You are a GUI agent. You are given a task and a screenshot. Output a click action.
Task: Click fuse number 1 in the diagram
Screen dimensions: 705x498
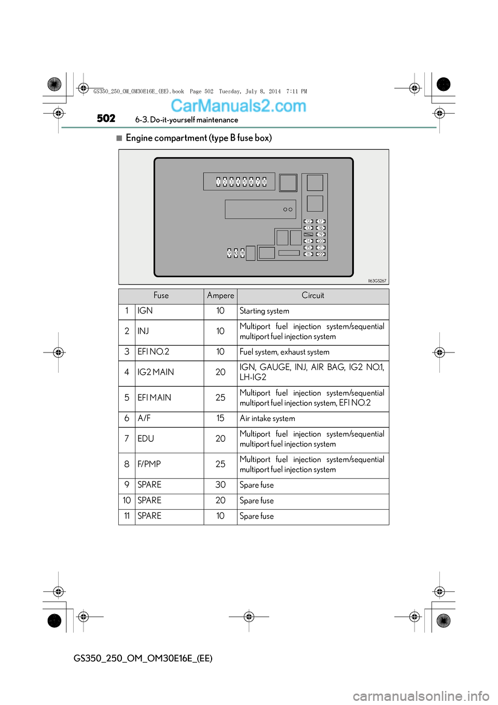[218, 182]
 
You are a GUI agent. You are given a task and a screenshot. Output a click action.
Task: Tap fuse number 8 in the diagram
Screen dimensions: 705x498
[264, 182]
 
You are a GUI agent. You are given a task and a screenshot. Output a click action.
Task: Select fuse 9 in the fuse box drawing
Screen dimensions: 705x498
[229, 253]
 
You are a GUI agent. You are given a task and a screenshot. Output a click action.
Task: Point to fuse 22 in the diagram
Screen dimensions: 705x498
[321, 254]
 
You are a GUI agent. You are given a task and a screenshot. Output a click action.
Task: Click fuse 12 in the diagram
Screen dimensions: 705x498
[308, 222]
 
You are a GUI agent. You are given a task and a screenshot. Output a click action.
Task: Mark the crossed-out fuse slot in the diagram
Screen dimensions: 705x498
[308, 235]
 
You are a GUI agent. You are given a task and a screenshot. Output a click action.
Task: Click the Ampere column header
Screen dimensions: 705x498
[220, 296]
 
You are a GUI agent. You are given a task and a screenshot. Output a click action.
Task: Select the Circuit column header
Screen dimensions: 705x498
[313, 296]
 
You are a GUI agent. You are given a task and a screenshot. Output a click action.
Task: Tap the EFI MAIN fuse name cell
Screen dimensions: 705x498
[154, 398]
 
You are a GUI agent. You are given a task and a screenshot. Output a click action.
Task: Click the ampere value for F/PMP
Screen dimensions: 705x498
[220, 465]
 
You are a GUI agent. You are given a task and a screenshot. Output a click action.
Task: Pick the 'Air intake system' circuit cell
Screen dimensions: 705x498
[267, 419]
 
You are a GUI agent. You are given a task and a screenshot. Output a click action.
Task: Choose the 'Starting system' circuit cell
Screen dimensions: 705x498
[264, 311]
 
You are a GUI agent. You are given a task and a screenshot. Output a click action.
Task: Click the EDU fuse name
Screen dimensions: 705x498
[146, 439]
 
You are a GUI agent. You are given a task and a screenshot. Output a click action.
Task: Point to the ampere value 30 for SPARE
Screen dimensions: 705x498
[220, 485]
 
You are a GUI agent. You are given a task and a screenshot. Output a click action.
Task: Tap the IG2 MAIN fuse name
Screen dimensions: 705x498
[156, 373]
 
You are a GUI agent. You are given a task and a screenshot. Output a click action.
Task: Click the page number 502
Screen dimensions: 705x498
[106, 119]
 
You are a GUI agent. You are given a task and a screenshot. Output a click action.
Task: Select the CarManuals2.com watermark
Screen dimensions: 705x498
[238, 106]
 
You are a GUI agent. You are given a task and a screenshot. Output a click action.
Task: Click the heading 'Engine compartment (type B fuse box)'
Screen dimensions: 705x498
[199, 138]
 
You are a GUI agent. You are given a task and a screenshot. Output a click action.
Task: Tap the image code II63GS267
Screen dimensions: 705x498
[377, 281]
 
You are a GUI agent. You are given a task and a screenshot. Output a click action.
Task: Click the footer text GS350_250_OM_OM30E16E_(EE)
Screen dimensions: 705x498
[143, 658]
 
